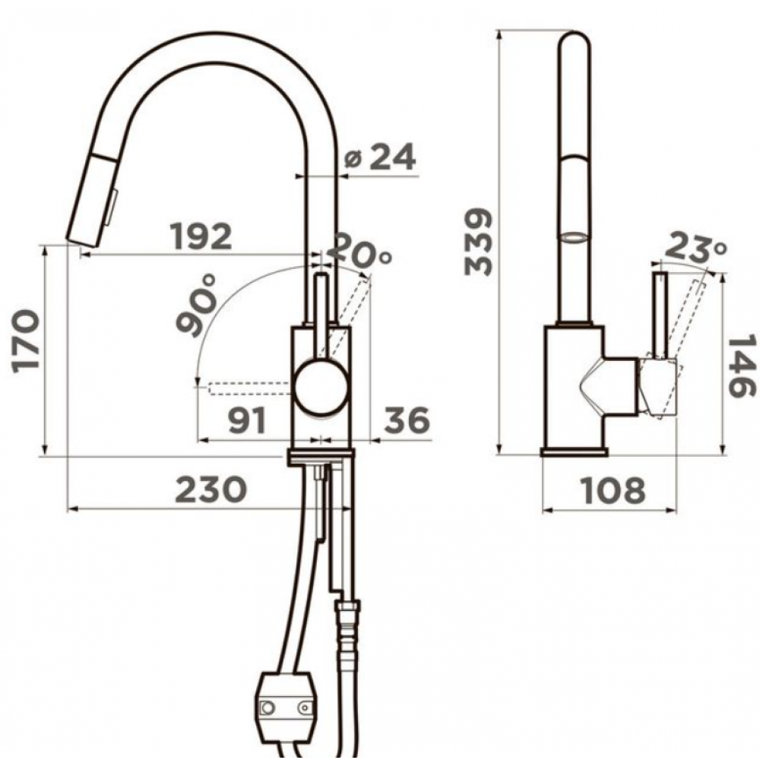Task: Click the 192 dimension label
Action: (x=201, y=236)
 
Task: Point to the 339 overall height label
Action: (x=478, y=242)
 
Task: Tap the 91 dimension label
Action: (x=248, y=420)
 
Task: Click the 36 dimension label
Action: (x=407, y=420)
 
